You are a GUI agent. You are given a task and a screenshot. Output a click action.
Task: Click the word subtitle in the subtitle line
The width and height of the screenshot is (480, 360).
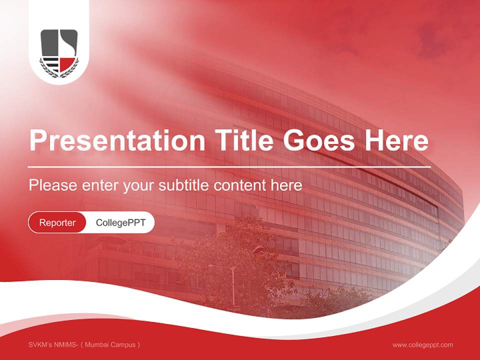click(x=184, y=185)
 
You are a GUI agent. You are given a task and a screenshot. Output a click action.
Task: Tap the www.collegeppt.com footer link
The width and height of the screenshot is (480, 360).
click(x=422, y=345)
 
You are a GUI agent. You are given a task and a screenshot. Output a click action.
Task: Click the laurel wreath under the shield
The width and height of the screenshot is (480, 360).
click(x=59, y=73)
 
